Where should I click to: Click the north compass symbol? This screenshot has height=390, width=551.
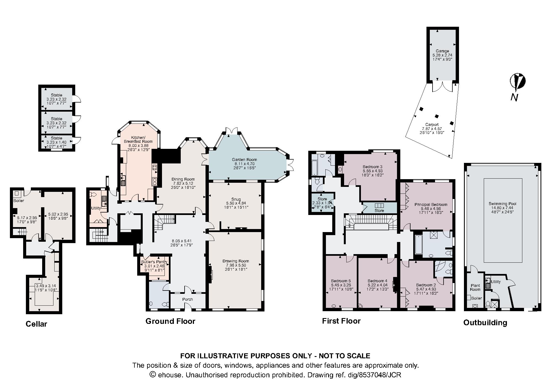pos(517,82)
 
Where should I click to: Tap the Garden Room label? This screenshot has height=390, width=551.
pos(244,160)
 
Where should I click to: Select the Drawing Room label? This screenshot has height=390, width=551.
pos(236,261)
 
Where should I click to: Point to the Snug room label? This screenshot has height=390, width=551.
pos(236,199)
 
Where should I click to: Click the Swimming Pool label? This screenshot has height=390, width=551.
pos(503,204)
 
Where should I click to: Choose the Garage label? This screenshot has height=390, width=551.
pos(442,51)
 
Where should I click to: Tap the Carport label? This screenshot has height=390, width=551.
pos(432,125)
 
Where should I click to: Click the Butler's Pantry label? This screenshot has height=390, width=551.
pos(154,262)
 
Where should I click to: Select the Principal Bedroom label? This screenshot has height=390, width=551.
pos(431,205)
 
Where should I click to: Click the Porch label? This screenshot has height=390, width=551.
pos(188,299)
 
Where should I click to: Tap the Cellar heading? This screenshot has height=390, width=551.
pos(36,324)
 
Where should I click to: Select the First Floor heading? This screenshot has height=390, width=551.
pos(341,321)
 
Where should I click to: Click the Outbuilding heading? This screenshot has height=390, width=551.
pos(485,323)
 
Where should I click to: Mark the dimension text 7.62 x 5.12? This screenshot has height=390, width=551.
pos(183,183)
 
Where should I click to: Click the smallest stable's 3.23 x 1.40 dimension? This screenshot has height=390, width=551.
pos(56,142)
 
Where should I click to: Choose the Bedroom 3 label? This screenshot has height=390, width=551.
pos(372,167)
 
